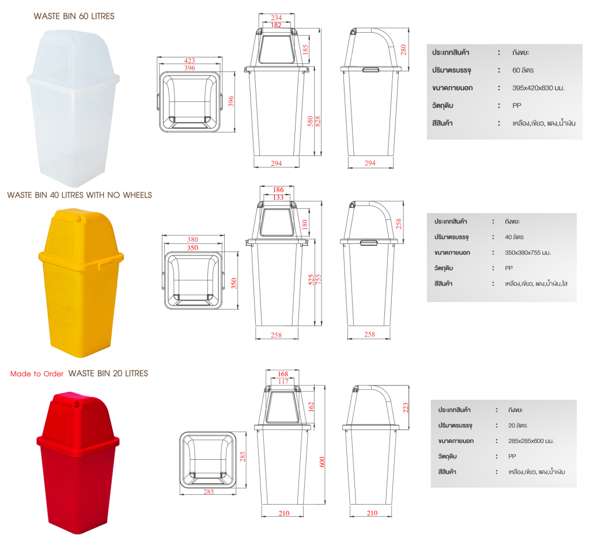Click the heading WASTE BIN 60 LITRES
click(74, 16)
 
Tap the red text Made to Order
click(37, 374)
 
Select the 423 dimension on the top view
click(189, 60)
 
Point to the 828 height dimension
click(317, 121)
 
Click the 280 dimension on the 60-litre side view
click(403, 49)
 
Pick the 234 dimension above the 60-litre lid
click(276, 18)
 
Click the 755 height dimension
click(318, 280)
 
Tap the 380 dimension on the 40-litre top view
click(192, 239)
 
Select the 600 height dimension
click(322, 462)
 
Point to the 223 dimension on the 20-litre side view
click(405, 407)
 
